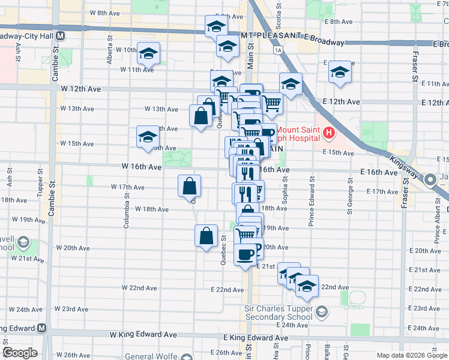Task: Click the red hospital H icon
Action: click(329, 132)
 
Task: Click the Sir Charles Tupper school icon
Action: click(322, 310)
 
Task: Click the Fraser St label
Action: click(414, 66)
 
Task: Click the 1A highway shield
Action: click(277, 50)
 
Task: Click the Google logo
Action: click(20, 353)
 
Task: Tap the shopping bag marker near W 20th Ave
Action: click(206, 236)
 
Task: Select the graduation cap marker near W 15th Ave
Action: click(147, 137)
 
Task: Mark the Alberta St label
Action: click(110, 50)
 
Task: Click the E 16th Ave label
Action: click(379, 172)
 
